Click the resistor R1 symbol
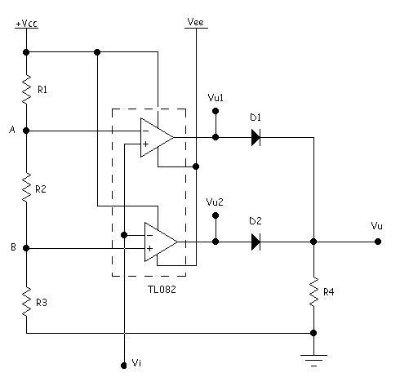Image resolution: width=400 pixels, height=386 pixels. [x=26, y=89]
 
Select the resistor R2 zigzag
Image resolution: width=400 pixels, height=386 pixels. [x=26, y=187]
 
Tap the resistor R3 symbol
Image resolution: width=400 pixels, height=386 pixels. [x=26, y=302]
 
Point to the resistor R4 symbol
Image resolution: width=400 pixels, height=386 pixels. [x=313, y=292]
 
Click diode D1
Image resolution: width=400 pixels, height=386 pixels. [x=256, y=137]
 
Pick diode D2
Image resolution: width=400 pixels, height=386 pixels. [x=256, y=242]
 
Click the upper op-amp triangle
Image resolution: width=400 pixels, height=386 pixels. [x=157, y=137]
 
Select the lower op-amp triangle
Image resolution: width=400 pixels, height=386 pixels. [x=161, y=242]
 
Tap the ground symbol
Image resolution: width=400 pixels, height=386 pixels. [x=313, y=361]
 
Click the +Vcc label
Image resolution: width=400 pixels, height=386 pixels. [x=26, y=24]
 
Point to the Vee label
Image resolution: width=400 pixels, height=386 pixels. [x=196, y=22]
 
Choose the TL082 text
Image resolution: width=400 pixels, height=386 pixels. [x=162, y=289]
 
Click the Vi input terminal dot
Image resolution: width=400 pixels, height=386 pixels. [x=124, y=366]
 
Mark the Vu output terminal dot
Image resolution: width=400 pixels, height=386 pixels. [x=378, y=242]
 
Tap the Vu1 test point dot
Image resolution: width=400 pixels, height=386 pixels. [x=216, y=111]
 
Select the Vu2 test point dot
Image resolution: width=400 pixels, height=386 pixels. [x=216, y=215]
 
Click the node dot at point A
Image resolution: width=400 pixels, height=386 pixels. [x=26, y=131]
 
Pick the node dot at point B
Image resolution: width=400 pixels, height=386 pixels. [x=26, y=248]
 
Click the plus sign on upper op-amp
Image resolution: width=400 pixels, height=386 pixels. [x=146, y=144]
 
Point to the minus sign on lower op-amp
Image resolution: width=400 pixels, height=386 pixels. [x=149, y=235]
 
